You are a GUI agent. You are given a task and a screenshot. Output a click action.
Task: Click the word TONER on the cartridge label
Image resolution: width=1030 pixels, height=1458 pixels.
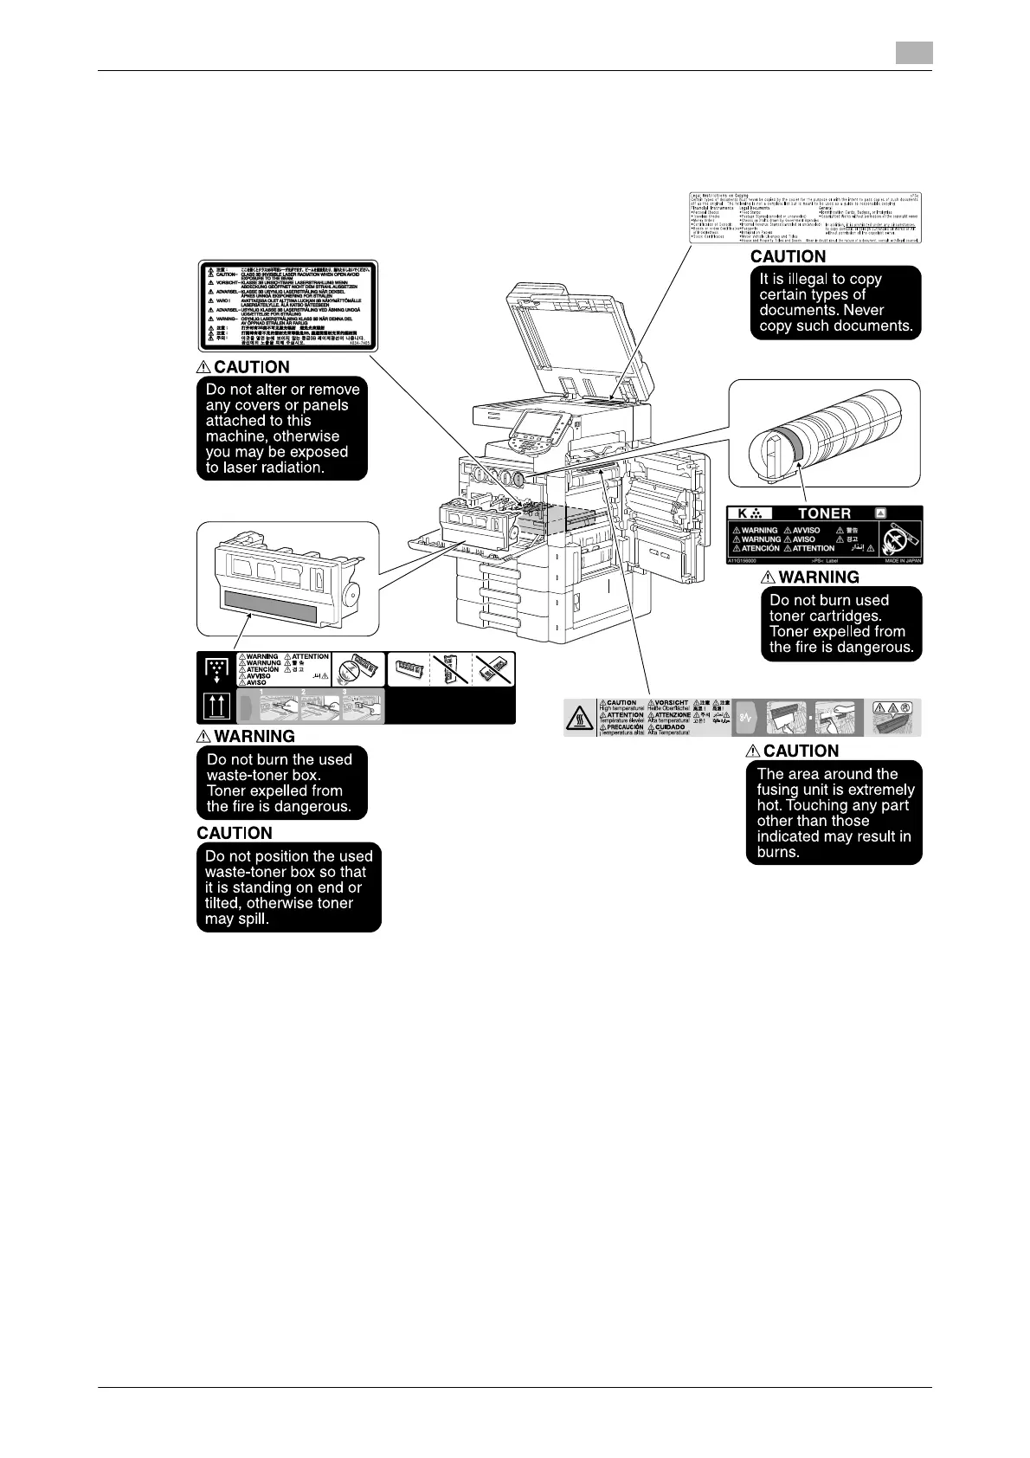click(x=824, y=513)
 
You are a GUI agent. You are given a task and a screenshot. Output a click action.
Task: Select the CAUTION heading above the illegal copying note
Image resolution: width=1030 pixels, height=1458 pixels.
click(x=788, y=256)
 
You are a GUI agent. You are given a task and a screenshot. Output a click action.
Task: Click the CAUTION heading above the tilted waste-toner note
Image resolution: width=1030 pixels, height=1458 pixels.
click(x=235, y=833)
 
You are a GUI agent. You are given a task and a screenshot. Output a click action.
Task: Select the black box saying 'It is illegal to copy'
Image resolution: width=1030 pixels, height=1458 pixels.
click(x=834, y=302)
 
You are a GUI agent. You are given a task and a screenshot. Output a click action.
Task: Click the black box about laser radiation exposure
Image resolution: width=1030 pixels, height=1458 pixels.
click(x=282, y=429)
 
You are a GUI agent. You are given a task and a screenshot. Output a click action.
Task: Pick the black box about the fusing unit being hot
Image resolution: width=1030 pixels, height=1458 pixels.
click(x=834, y=812)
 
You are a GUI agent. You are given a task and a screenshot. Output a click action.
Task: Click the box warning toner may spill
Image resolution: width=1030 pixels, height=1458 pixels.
click(x=289, y=887)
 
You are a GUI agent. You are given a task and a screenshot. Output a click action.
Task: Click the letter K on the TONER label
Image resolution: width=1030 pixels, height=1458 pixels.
click(x=743, y=513)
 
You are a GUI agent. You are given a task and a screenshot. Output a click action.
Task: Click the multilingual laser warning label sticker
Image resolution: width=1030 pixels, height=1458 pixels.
click(x=286, y=304)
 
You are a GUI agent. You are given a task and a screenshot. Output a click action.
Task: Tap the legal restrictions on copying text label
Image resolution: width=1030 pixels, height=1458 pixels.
click(x=806, y=216)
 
